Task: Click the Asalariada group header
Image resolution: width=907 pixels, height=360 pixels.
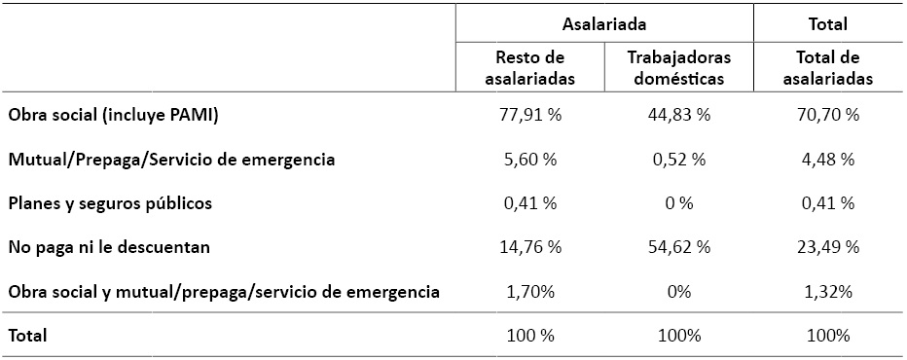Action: point(604,24)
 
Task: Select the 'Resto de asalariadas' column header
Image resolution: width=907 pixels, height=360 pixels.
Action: point(529,67)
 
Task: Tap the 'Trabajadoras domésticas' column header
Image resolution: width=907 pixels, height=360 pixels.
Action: point(679,67)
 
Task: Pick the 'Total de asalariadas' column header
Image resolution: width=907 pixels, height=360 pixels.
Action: point(827,67)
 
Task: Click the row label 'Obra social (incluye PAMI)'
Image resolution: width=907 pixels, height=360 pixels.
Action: point(113,116)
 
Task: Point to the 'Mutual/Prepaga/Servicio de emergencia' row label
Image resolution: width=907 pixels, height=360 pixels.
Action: point(171,160)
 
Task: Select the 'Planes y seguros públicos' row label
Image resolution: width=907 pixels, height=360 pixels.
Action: point(109,203)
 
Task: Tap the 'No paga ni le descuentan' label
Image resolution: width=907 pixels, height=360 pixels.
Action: point(109,247)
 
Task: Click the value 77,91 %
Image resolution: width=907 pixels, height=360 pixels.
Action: point(529,116)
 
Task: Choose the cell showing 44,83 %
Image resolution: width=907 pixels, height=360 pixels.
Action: point(679,116)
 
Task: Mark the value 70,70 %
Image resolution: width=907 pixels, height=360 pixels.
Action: point(827,116)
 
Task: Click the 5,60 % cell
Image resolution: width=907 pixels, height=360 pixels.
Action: point(529,160)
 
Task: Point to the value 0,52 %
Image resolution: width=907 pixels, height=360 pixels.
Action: point(679,160)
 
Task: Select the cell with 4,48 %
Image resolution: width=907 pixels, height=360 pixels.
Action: point(827,160)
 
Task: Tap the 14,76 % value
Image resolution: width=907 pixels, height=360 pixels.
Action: point(529,247)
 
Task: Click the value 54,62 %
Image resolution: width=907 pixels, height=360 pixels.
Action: point(679,247)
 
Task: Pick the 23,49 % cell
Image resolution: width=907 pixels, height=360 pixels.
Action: point(827,247)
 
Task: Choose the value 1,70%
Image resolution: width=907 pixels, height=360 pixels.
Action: point(529,291)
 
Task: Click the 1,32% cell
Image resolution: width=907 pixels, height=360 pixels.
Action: point(827,291)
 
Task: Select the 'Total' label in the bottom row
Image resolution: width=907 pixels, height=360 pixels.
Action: point(27,336)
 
